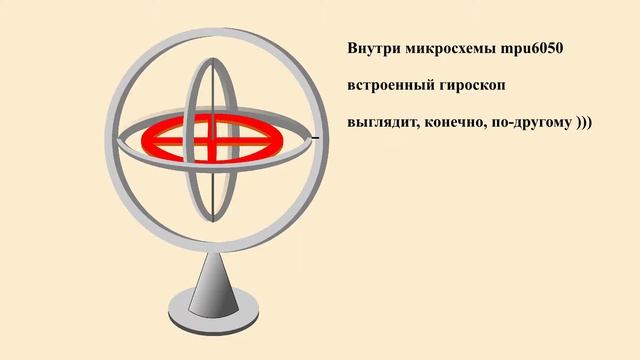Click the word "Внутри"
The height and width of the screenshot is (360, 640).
click(x=369, y=48)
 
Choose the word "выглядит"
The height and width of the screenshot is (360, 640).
click(x=376, y=126)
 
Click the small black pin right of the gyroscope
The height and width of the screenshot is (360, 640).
click(x=315, y=137)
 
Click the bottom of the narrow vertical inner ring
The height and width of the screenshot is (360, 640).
click(x=214, y=221)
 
